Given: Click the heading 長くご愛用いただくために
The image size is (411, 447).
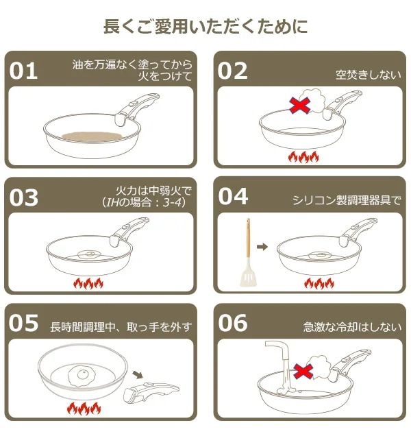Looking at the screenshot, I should (205, 27).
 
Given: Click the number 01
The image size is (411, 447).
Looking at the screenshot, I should (25, 69).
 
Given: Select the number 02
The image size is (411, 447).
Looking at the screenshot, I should (233, 69).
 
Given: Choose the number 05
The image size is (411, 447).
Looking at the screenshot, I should (25, 323).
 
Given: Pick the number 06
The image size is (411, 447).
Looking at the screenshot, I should (233, 323).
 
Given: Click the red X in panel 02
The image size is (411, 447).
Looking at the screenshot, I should (299, 105).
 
